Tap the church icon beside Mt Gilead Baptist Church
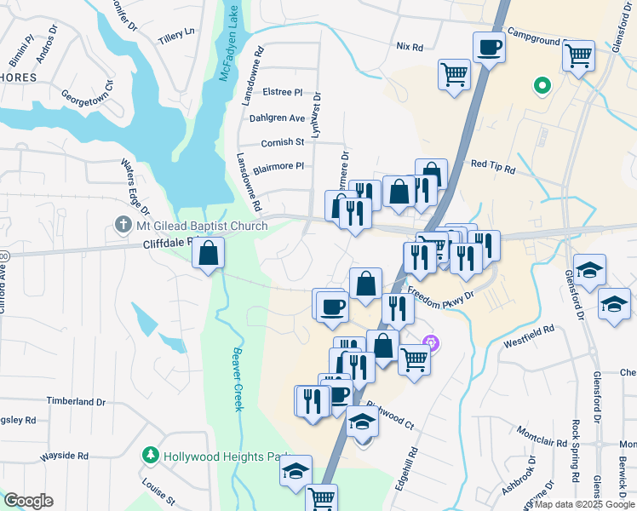123,226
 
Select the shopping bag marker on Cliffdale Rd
208,253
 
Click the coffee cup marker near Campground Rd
489,47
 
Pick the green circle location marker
540,85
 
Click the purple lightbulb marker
431,344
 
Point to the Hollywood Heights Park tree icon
150,456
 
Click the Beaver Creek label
238,379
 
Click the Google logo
28,501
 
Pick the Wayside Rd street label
66,456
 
